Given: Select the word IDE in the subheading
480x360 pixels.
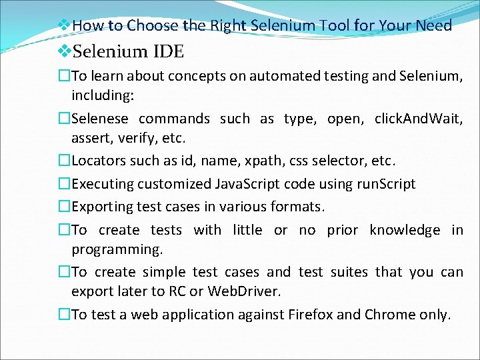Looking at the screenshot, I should click(169, 51).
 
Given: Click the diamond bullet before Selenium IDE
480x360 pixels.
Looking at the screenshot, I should click(65, 51).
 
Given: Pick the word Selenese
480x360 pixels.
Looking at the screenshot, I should click(103, 119).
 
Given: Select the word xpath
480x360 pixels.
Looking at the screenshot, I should click(247, 161).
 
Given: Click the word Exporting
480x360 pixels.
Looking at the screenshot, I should click(103, 207).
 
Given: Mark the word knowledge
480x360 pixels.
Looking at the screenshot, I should click(405, 230).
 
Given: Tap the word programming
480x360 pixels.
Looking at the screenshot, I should click(117, 249).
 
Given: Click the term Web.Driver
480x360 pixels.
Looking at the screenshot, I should click(245, 291).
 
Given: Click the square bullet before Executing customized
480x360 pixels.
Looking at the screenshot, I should click(65, 184).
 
